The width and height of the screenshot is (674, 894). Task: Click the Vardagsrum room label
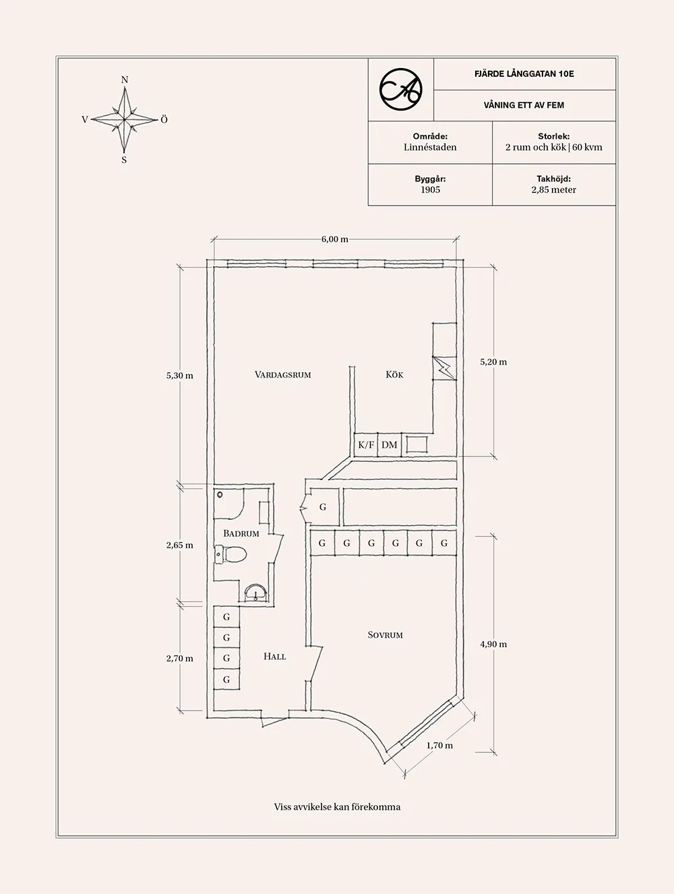tap(282, 374)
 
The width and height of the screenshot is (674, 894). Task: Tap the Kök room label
tap(394, 374)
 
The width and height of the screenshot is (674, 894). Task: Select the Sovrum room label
tap(385, 634)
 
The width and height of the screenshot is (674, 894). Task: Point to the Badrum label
tap(241, 533)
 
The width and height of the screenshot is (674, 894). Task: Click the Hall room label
tap(274, 656)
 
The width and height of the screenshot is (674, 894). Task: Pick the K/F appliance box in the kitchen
tap(365, 445)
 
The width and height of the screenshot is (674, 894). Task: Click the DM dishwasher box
tap(389, 445)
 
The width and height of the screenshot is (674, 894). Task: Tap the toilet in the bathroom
tap(231, 554)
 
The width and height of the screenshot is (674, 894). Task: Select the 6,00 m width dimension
tap(334, 239)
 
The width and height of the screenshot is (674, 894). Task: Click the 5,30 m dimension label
tap(179, 376)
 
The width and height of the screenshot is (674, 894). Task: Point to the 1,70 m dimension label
tap(439, 746)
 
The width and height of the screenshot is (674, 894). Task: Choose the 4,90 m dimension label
tap(493, 644)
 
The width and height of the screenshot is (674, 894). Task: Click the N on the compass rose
tap(124, 80)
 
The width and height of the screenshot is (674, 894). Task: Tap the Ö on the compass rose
tap(164, 119)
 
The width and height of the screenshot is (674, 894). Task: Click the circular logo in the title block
tap(400, 90)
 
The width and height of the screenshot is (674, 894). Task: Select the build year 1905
tap(430, 189)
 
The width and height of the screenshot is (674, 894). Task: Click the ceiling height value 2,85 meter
tap(553, 189)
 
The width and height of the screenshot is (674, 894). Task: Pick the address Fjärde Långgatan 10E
tap(524, 73)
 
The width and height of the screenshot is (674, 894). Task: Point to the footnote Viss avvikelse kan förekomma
tap(337, 806)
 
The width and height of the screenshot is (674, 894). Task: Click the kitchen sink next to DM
tap(416, 444)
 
